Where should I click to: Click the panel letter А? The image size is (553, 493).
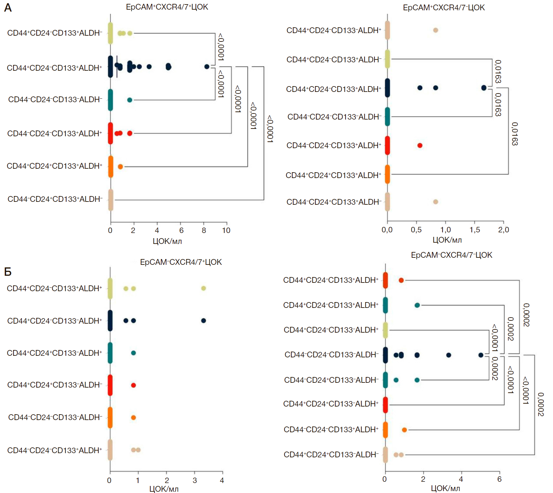tap(8, 8)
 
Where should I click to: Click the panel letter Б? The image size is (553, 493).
tap(8, 272)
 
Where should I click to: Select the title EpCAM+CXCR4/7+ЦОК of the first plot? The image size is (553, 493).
tap(167, 7)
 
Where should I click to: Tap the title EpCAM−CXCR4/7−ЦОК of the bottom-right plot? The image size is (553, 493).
tap(451, 255)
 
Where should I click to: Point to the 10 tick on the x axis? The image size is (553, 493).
tap(226, 230)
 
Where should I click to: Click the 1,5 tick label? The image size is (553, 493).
tap(475, 230)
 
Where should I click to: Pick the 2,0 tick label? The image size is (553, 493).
tap(504, 230)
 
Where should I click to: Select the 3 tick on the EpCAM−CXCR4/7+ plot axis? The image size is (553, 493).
tap(195, 480)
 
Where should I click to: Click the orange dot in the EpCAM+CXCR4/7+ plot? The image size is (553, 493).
tap(120, 166)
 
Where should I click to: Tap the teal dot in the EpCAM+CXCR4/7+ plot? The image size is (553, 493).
tap(130, 100)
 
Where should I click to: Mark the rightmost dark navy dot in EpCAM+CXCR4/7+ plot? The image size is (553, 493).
tap(207, 67)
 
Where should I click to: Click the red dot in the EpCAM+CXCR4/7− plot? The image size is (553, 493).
tap(420, 145)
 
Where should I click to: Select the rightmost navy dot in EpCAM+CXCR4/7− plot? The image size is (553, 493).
tap(484, 88)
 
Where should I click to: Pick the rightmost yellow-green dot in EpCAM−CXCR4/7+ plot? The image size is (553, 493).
tap(203, 288)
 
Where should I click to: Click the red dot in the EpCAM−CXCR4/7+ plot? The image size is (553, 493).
tap(133, 385)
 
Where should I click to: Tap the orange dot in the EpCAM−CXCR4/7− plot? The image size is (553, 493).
tap(404, 430)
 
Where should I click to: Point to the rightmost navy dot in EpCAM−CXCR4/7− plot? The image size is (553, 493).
tap(481, 355)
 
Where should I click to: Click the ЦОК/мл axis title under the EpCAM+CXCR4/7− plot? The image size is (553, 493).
tap(447, 240)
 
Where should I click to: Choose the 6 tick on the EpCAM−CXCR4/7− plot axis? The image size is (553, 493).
tap(499, 479)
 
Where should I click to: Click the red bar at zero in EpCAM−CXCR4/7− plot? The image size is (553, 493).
tap(385, 405)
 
